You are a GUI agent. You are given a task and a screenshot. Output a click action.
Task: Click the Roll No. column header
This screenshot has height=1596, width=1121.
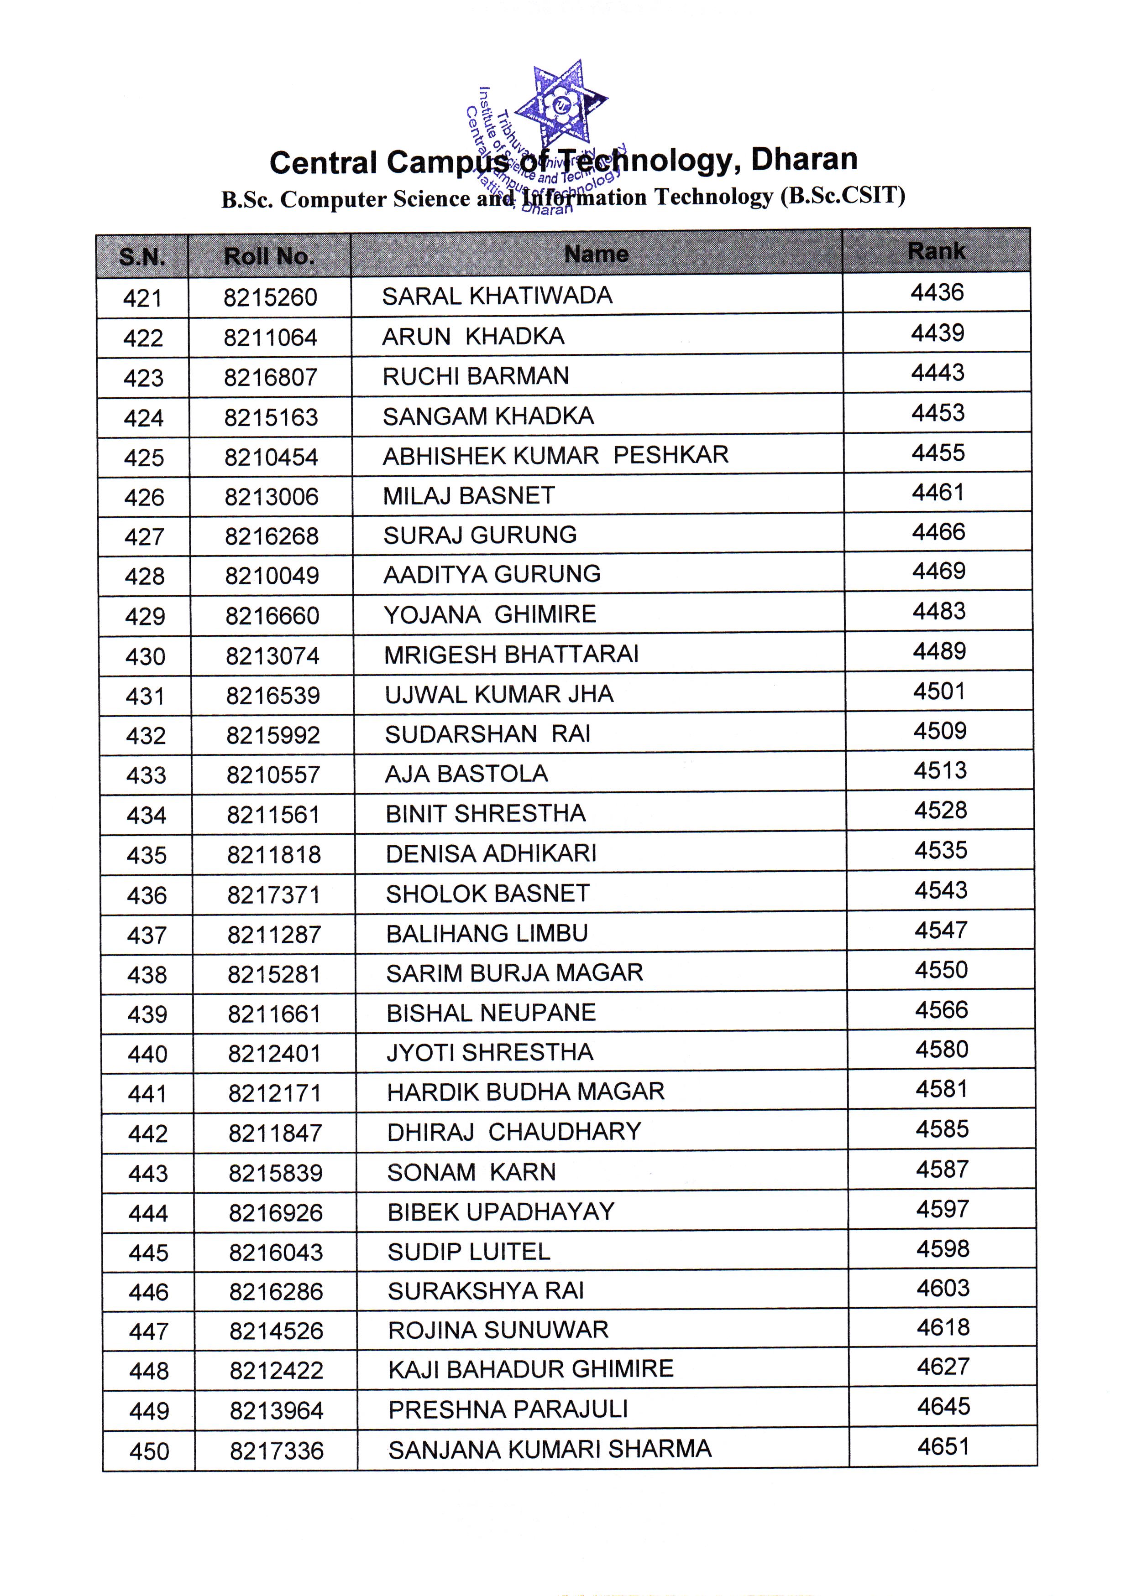[269, 256]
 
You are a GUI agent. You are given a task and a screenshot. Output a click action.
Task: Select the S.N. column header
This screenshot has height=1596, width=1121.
[142, 257]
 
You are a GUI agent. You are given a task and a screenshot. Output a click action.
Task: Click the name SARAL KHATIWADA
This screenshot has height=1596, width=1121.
[497, 296]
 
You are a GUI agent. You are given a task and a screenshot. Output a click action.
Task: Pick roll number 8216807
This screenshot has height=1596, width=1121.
[271, 378]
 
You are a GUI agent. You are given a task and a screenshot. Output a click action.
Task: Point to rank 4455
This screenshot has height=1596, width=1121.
[938, 453]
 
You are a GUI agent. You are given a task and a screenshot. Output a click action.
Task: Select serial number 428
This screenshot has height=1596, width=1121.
[145, 576]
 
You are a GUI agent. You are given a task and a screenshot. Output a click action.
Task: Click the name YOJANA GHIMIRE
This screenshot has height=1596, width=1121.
[490, 614]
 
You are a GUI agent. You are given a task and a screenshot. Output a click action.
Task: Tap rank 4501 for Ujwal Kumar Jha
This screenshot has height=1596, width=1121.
[939, 691]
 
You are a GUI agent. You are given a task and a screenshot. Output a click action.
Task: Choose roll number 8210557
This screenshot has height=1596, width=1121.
[273, 775]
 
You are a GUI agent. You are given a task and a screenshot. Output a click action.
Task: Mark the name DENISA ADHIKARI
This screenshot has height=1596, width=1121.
[491, 853]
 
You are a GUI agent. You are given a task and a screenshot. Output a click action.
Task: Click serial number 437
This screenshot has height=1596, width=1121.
[147, 936]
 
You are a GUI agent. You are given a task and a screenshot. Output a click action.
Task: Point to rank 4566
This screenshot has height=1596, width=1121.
[941, 1010]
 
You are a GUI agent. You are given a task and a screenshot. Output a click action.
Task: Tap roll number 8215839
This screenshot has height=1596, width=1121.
[275, 1173]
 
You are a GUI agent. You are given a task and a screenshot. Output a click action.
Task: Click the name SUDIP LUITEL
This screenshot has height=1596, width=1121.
[469, 1252]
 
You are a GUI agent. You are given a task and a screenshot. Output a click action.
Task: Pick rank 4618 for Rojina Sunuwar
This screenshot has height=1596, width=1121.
[942, 1328]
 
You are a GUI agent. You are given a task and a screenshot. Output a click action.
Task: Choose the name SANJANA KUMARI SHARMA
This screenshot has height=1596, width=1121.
[550, 1449]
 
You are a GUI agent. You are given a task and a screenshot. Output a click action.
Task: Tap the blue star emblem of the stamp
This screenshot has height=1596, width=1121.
[562, 104]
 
